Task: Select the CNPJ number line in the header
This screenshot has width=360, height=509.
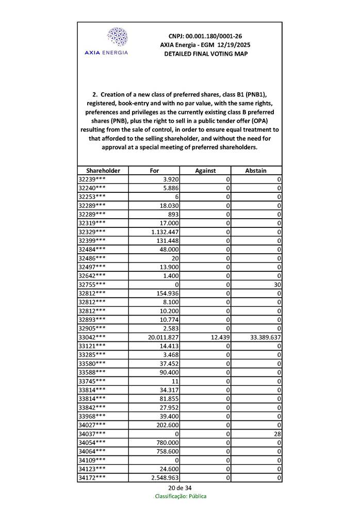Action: [205, 36]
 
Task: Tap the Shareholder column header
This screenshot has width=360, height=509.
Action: [103, 170]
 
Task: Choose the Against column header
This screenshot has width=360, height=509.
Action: [205, 170]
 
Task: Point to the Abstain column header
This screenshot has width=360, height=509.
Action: [256, 170]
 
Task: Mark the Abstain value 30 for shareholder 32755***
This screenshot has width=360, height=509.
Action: [277, 284]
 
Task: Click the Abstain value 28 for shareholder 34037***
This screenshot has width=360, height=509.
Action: [277, 434]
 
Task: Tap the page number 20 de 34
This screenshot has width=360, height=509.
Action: [180, 488]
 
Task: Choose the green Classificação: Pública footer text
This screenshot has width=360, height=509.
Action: [181, 496]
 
